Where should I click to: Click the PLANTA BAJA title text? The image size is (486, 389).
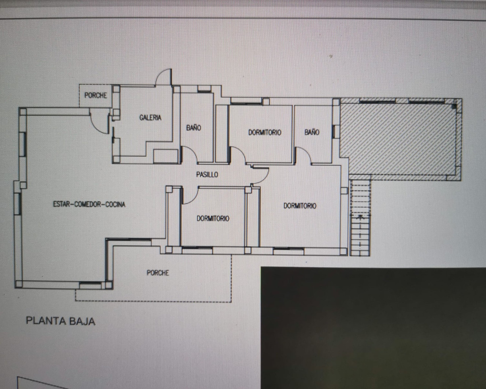pyautogui.click(x=60, y=321)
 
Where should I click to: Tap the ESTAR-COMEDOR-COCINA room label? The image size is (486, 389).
pyautogui.click(x=89, y=204)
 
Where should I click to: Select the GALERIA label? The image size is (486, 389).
pyautogui.click(x=150, y=117)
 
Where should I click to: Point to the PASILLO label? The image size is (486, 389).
pyautogui.click(x=207, y=174)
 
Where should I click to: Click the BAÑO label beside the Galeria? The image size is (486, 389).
pyautogui.click(x=194, y=128)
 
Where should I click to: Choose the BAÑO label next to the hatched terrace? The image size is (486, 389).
pyautogui.click(x=312, y=132)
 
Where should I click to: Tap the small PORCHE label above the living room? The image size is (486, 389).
pyautogui.click(x=96, y=95)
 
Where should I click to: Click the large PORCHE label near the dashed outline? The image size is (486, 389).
pyautogui.click(x=158, y=273)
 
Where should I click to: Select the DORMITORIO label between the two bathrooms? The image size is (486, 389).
pyautogui.click(x=265, y=133)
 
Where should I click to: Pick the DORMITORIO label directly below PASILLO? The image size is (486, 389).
pyautogui.click(x=213, y=218)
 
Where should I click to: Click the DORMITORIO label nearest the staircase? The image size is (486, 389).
pyautogui.click(x=300, y=206)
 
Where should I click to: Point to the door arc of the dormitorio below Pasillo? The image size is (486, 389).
pyautogui.click(x=194, y=199)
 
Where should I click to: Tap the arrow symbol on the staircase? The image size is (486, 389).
pyautogui.click(x=360, y=217)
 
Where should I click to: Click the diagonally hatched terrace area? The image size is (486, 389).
pyautogui.click(x=399, y=140)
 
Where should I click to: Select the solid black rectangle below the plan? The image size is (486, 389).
pyautogui.click(x=373, y=328)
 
